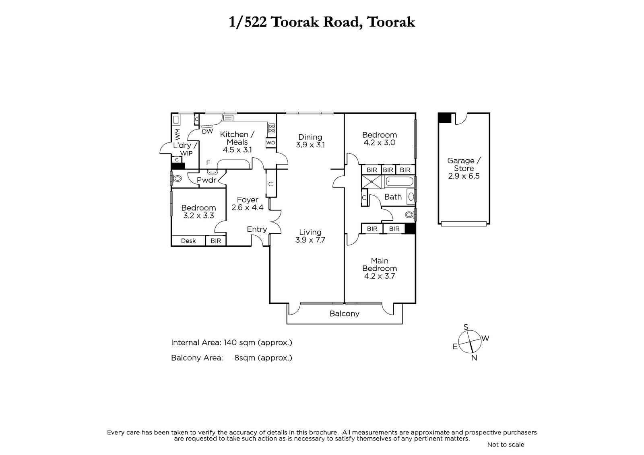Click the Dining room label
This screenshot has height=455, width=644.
(x=310, y=137)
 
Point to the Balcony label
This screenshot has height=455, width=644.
(x=345, y=313)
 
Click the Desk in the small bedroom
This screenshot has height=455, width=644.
(x=188, y=241)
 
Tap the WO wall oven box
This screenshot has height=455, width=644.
(x=270, y=142)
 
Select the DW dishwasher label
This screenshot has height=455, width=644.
(x=207, y=132)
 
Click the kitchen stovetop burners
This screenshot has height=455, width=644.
(x=272, y=128)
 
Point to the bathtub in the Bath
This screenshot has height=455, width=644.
(x=400, y=182)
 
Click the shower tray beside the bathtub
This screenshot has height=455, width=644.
(x=372, y=182)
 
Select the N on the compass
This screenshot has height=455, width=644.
(x=474, y=358)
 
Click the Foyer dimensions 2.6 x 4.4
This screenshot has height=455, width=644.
(x=247, y=207)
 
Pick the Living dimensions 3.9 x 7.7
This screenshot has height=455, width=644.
(x=310, y=240)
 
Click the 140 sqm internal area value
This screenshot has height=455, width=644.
(x=239, y=343)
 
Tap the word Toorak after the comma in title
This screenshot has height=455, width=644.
(x=391, y=22)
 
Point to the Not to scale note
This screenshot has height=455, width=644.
(x=506, y=445)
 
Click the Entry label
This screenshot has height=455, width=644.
(x=257, y=229)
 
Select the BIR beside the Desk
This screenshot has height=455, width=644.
(x=216, y=241)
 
